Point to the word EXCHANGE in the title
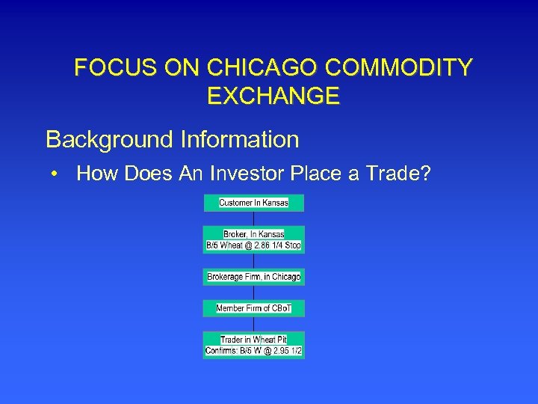273,97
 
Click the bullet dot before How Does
55,175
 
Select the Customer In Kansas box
254,203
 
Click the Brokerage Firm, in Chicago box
254,277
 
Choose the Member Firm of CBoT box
254,308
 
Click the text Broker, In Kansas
254,234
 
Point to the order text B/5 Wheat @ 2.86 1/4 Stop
254,245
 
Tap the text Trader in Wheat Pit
254,340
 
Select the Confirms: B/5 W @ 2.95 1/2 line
254,351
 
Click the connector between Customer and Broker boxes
254,218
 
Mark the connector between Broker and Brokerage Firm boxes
254,261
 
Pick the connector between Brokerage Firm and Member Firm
254,293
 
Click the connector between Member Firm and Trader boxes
254,324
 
